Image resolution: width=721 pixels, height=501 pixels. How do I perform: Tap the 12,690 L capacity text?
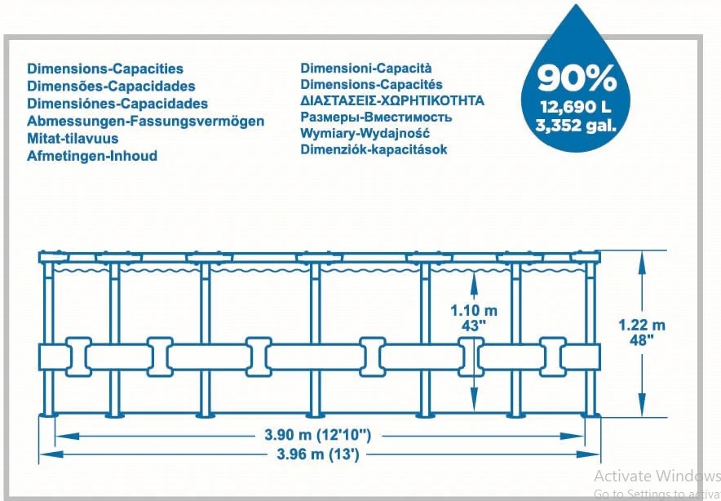tap(576, 107)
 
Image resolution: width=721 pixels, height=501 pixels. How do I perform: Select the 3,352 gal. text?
tap(576, 125)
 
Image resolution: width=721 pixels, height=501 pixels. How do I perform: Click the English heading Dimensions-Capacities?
tap(105, 69)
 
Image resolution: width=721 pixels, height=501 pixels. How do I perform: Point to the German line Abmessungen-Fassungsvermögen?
tap(145, 122)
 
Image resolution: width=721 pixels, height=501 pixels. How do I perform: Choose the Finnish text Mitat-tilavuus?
tap(73, 139)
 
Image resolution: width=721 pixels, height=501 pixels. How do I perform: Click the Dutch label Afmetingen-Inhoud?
tap(92, 156)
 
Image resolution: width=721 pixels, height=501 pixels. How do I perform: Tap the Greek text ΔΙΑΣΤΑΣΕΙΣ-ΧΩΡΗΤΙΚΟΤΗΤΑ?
tap(392, 100)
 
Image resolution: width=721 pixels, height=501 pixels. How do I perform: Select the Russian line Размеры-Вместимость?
tap(376, 117)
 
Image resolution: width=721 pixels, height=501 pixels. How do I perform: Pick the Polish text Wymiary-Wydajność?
tap(365, 134)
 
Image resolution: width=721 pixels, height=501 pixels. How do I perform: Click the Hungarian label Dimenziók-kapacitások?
tap(374, 149)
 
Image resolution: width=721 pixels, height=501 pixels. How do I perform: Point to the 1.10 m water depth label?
tap(474, 311)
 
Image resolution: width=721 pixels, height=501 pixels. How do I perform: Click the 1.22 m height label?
tap(641, 325)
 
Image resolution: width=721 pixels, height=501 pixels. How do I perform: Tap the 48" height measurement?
tap(641, 340)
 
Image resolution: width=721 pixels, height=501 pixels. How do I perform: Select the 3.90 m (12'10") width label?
tap(318, 434)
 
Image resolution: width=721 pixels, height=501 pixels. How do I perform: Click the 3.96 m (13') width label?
tap(318, 454)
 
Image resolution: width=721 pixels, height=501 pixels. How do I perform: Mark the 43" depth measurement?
tap(474, 326)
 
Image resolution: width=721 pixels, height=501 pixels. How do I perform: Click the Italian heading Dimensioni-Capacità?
tap(366, 68)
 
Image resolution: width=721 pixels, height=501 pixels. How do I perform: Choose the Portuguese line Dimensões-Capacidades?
tap(111, 86)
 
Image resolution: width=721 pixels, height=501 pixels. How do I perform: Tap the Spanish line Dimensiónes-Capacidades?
tap(117, 104)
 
